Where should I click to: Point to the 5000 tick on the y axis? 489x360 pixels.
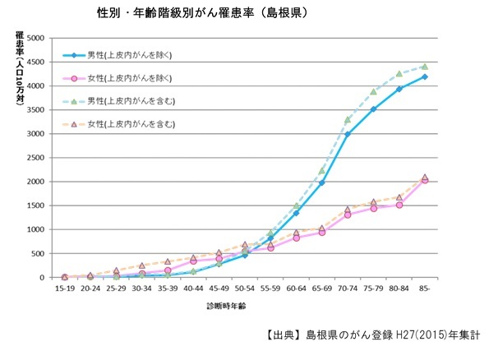[35, 39]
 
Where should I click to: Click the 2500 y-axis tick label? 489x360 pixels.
[35, 158]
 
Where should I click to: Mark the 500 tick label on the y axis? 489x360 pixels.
[38, 253]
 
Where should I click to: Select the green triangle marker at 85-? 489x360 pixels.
[425, 67]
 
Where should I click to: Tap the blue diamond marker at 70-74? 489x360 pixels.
[348, 135]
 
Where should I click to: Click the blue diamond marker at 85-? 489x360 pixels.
[425, 77]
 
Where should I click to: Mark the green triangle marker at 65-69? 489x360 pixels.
[321, 171]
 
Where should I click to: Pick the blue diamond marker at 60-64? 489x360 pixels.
[296, 213]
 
